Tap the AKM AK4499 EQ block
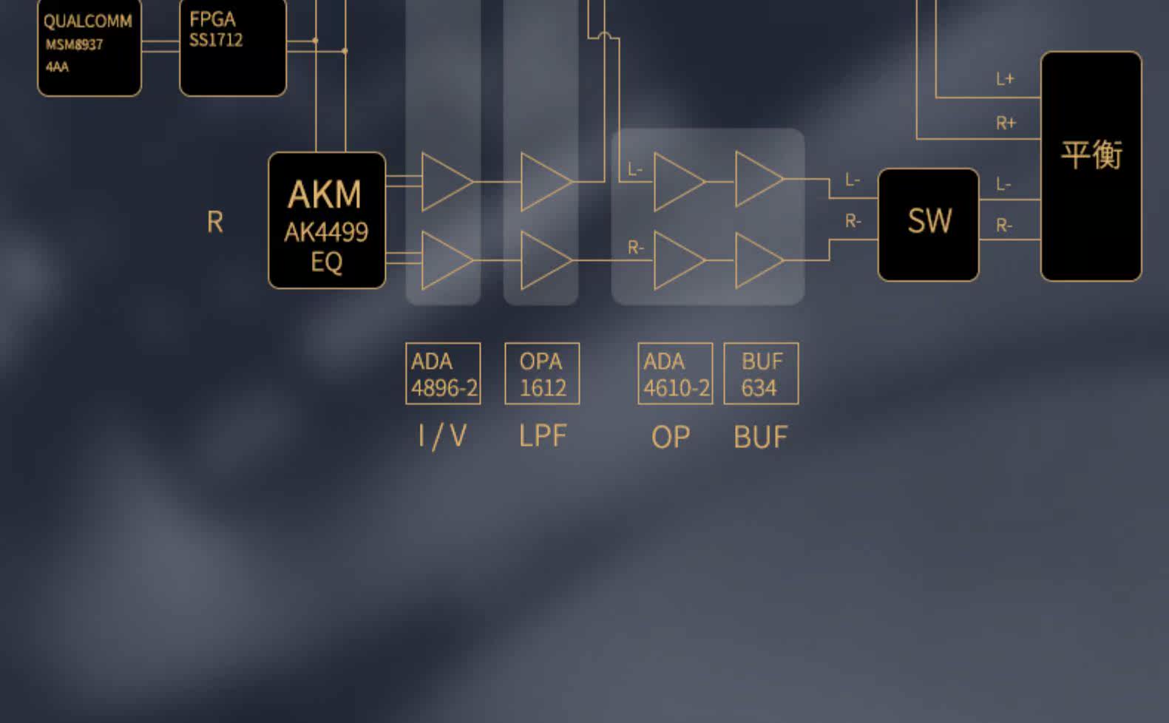326,220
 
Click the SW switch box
928,224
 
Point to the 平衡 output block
1091,166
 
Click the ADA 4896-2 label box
443,373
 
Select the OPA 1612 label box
542,373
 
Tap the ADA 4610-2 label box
675,373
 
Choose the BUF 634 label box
761,373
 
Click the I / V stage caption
442,435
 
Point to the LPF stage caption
542,435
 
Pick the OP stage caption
670,437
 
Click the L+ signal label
1005,79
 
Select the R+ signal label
1006,123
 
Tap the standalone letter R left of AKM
214,222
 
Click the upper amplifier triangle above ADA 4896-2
444,181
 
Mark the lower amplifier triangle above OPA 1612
543,260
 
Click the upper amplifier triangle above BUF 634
757,180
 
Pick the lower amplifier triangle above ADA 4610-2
676,260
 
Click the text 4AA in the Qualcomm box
57,67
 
